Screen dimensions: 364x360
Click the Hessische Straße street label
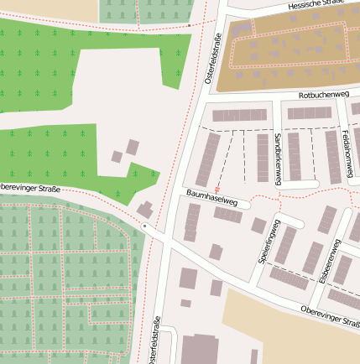tap(316, 5)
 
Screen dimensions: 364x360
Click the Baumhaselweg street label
tap(219, 200)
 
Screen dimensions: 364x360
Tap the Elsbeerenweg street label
tap(330, 261)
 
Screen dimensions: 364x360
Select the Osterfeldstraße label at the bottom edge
tap(156, 341)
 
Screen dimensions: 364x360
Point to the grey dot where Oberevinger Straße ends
tap(144, 226)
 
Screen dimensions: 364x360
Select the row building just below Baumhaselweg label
tap(227, 215)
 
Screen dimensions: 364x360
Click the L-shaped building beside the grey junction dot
tap(146, 210)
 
